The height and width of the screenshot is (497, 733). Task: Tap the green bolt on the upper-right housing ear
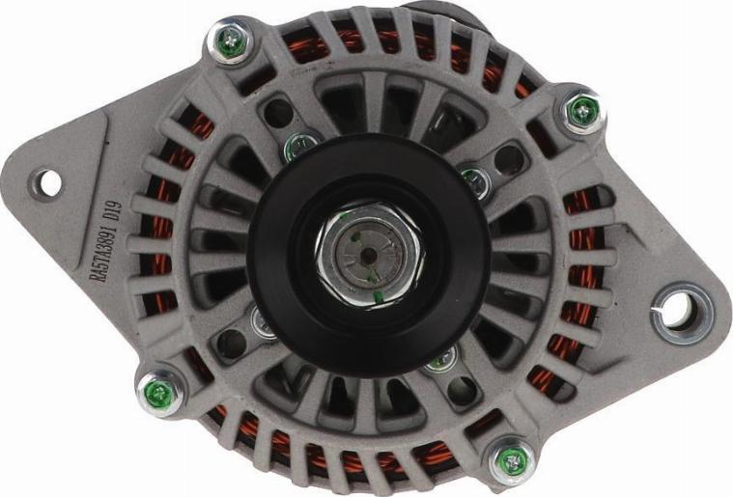pyautogui.click(x=581, y=113)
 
